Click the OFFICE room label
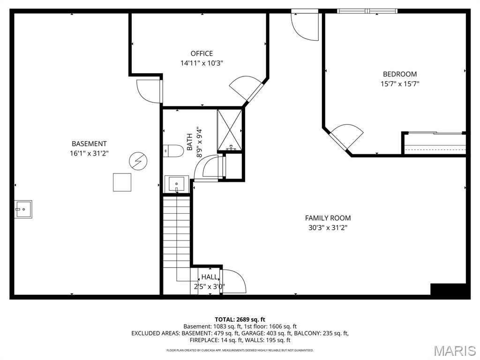202,53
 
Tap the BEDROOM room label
399,74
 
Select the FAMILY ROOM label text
328,218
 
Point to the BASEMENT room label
89,144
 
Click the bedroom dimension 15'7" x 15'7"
399,84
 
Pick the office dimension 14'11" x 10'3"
202,63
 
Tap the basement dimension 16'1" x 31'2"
89,153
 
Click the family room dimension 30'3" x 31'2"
328,228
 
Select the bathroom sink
178,183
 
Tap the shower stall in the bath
230,130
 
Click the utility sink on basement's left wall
22,209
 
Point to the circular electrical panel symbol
138,161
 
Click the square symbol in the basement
122,182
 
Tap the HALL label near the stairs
210,277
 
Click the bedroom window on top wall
367,10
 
